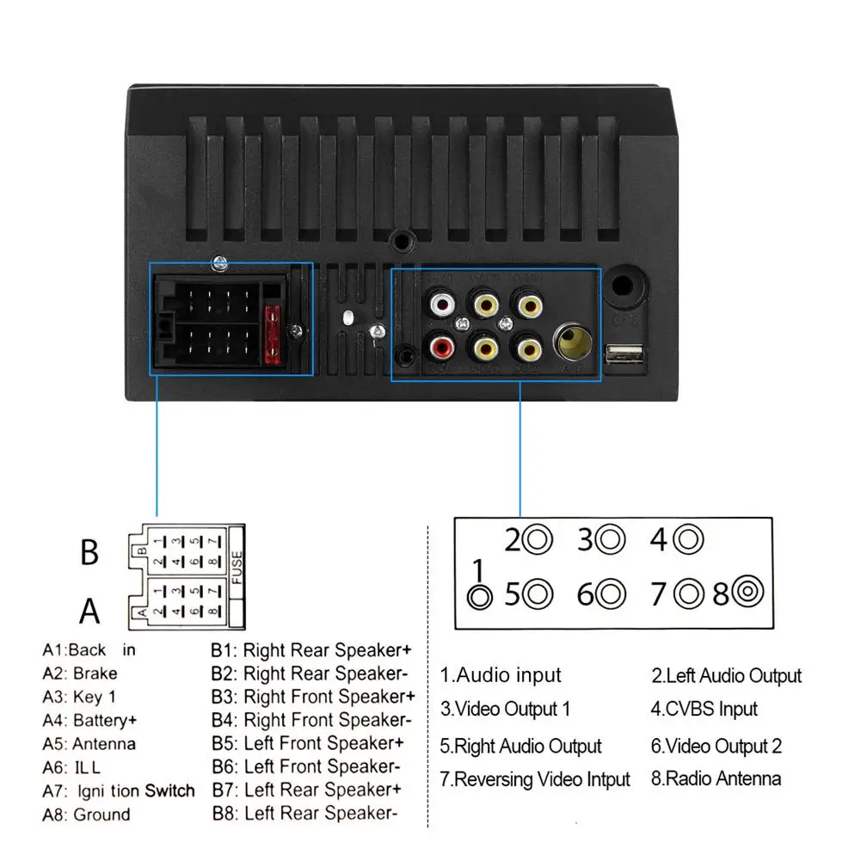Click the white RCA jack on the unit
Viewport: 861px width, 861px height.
pos(444,303)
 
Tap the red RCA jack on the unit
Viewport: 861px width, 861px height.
pos(443,348)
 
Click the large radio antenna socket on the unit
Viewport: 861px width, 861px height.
pos(571,343)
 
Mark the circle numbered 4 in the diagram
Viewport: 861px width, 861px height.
pos(689,540)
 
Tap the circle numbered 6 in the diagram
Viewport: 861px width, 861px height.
pos(612,593)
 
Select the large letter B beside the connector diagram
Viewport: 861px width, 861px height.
pos(89,552)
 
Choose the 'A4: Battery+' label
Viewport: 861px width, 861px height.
pos(89,720)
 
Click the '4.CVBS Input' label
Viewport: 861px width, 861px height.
pos(704,710)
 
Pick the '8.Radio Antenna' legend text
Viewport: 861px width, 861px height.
pos(716,779)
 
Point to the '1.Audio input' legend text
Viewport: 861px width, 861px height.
pos(501,675)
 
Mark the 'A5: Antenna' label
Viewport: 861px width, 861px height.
pos(89,744)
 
